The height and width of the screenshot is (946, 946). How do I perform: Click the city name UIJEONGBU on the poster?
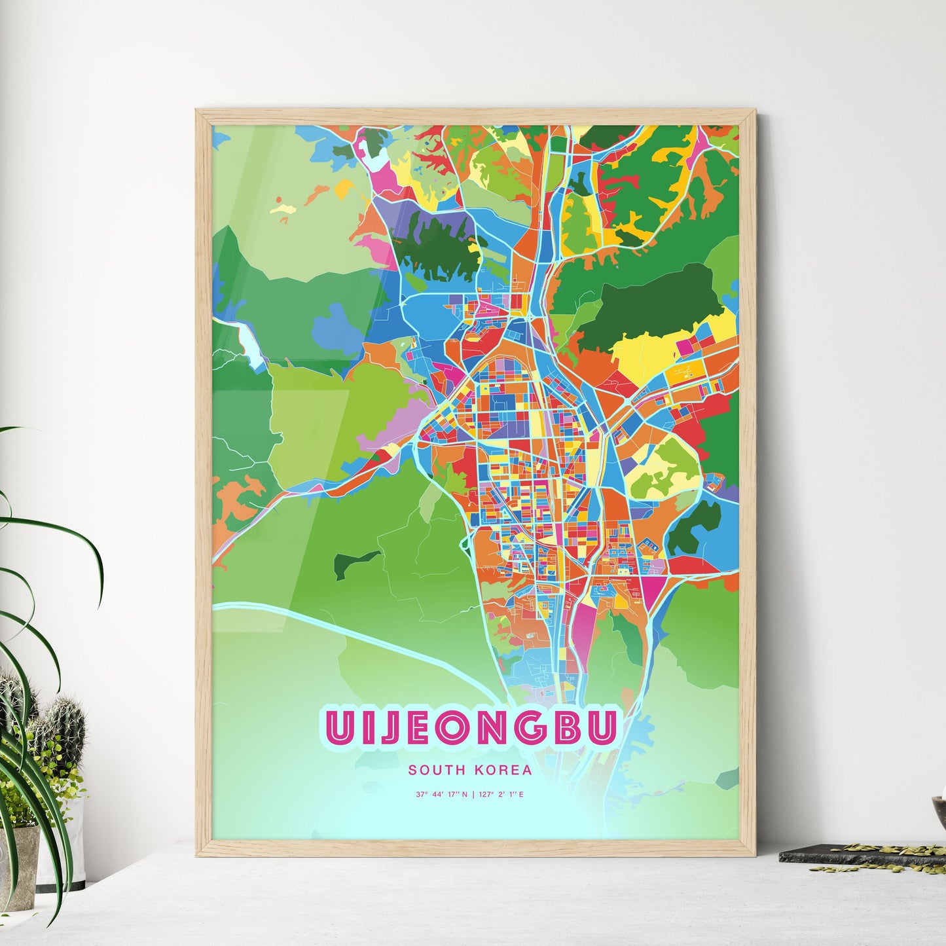click(469, 727)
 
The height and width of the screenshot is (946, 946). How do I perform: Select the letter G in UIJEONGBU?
click(534, 727)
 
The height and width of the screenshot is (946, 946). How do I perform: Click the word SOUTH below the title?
click(431, 771)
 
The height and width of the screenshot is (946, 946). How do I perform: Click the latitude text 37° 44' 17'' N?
click(441, 795)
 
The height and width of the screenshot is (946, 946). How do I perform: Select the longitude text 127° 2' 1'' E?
click(501, 795)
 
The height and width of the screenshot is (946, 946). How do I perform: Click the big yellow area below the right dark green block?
click(645, 354)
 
